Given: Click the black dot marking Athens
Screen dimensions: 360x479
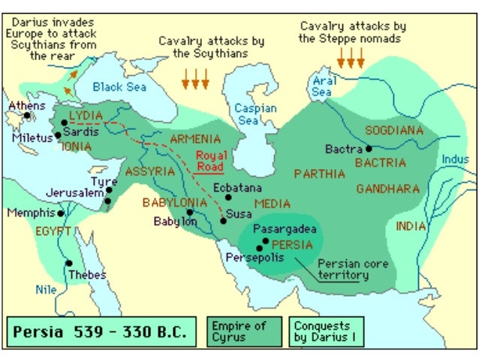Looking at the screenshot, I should point(27,116).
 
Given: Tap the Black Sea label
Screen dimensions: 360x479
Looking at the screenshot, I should point(118,86).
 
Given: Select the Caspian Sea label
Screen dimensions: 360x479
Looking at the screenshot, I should point(255,114).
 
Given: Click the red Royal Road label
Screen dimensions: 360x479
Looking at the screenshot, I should point(210,160).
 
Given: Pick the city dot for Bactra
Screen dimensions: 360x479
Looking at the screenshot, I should point(369,149).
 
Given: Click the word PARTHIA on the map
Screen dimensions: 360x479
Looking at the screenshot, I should point(319,174).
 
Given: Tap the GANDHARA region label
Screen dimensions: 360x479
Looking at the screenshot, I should point(387,189).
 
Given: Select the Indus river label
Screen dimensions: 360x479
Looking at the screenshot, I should point(454,159).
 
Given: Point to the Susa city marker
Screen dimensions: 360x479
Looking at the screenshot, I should point(224,222).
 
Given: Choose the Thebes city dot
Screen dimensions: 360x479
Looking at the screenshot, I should point(68,263).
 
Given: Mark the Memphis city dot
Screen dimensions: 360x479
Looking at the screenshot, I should point(61,213).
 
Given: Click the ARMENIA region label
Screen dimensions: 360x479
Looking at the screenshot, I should point(195,139).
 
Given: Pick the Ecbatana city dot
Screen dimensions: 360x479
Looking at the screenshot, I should point(228,197).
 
